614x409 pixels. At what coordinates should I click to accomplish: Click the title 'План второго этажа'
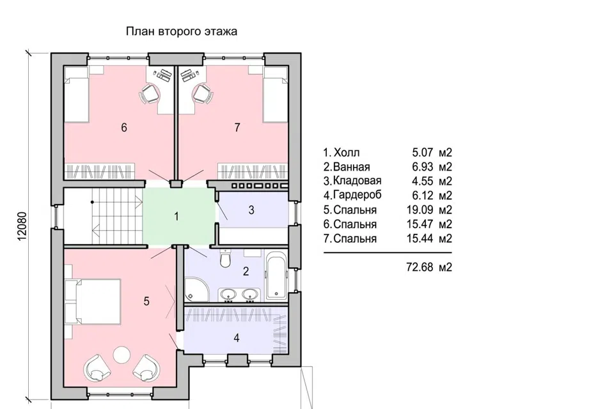181,31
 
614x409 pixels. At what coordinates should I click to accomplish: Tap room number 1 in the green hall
177,217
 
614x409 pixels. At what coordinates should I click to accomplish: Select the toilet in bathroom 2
225,258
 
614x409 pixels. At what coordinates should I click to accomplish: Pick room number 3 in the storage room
251,210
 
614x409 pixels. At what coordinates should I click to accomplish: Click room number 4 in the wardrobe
237,338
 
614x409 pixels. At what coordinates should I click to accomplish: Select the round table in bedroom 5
122,355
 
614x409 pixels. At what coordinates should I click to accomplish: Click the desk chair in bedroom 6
150,94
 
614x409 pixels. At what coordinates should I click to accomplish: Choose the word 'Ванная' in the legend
352,167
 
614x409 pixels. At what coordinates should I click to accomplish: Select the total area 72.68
420,267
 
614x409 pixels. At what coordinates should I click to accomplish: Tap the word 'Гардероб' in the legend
358,195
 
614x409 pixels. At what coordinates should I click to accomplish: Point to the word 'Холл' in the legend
347,153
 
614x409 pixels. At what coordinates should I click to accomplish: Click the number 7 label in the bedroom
237,128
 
